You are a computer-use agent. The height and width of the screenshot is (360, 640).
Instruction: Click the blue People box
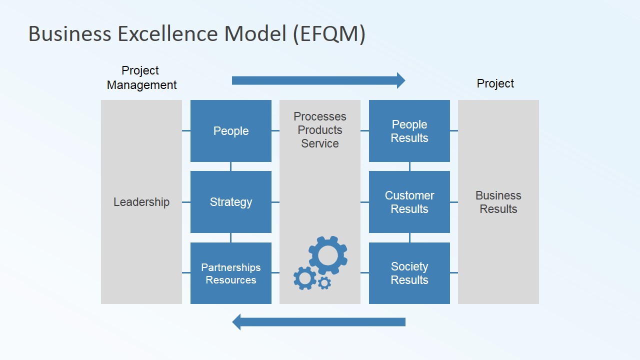[x=230, y=131]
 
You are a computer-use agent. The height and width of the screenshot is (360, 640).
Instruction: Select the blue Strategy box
[x=230, y=202]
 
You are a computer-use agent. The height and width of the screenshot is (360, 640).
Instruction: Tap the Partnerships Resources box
[x=230, y=273]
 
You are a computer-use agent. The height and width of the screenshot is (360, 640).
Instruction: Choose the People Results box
[x=409, y=131]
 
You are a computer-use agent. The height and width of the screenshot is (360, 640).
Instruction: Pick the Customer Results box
[x=409, y=202]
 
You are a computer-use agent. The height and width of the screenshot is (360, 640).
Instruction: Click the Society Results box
[x=409, y=273]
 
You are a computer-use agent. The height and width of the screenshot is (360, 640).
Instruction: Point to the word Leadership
[x=141, y=202]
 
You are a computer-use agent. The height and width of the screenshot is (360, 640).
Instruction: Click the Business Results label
[x=498, y=202]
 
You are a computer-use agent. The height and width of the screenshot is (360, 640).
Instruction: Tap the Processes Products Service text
[x=319, y=130]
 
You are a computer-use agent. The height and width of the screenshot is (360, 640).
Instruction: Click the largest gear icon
[x=328, y=255]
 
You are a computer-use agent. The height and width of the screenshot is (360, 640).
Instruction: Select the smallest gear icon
[x=324, y=283]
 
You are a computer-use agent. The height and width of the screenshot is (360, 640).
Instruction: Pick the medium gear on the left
[x=304, y=278]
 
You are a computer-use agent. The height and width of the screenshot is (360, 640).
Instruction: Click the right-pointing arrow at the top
[x=318, y=80]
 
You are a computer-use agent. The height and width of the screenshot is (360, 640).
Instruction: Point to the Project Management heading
[x=141, y=78]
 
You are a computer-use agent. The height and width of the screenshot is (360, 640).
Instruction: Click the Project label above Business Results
[x=495, y=83]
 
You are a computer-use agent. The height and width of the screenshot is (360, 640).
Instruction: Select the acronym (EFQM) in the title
[x=329, y=34]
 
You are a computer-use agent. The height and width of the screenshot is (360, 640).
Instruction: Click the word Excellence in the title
[x=168, y=34]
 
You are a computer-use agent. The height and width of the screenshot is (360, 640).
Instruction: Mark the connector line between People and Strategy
[x=230, y=166]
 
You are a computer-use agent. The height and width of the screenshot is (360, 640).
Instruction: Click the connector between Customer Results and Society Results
[x=409, y=237]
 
